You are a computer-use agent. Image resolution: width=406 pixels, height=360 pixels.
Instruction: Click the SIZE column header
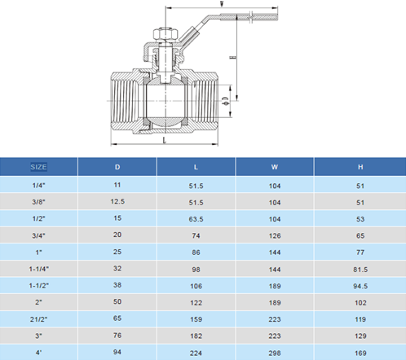click(x=38, y=167)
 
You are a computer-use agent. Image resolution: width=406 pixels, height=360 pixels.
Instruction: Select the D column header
click(x=117, y=167)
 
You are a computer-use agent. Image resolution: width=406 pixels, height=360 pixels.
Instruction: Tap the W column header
click(x=275, y=167)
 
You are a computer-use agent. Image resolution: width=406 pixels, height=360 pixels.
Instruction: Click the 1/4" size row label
click(x=38, y=186)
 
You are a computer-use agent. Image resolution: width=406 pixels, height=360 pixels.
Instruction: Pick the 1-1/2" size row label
click(x=38, y=284)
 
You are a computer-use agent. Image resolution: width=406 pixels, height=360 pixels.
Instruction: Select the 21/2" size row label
click(x=38, y=318)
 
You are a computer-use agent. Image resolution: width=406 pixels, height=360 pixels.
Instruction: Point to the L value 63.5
click(x=196, y=218)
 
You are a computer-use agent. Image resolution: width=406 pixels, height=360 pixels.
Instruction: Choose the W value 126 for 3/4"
click(x=275, y=235)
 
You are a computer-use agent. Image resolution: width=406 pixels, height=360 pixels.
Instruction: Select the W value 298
click(x=275, y=351)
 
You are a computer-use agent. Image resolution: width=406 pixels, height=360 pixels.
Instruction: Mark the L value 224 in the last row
click(x=196, y=351)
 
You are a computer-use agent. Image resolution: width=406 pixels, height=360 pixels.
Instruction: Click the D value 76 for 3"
click(x=117, y=334)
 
